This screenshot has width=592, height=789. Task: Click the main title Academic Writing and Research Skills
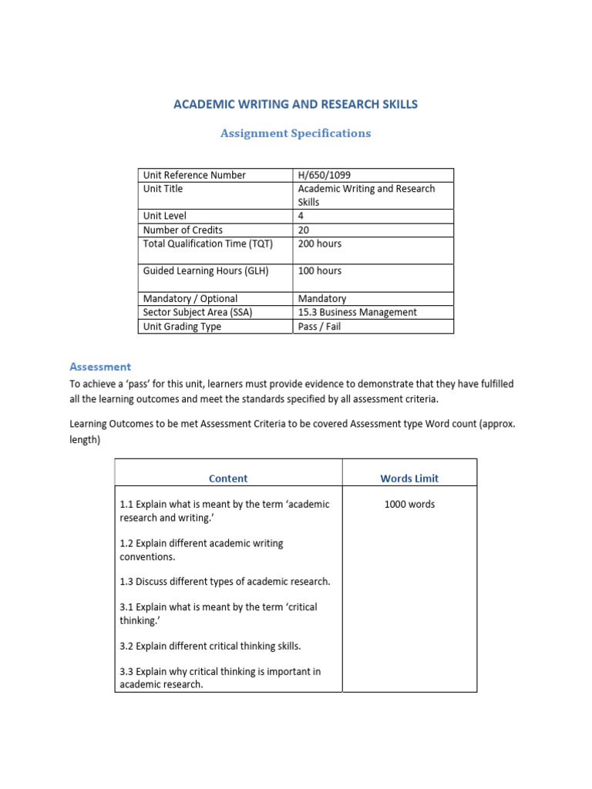[295, 104]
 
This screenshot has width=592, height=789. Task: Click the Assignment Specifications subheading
[295, 133]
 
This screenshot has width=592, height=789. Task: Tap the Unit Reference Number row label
[194, 175]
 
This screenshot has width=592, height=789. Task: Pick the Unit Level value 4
[301, 216]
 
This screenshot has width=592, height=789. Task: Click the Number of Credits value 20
[304, 230]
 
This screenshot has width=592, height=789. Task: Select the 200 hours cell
[319, 243]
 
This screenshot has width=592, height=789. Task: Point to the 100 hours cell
[319, 270]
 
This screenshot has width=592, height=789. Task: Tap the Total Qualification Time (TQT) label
[208, 243]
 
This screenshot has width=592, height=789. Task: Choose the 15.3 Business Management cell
[357, 312]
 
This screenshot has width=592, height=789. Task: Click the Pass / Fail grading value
[319, 326]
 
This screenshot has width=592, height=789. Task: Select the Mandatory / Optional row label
[190, 298]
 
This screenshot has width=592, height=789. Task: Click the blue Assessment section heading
[100, 367]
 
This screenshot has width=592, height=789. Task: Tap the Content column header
[228, 478]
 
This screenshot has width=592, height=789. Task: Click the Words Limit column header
[409, 478]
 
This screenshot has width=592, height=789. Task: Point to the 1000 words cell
[409, 504]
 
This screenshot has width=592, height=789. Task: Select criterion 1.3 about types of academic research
[225, 581]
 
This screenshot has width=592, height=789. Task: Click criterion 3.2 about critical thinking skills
[210, 646]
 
